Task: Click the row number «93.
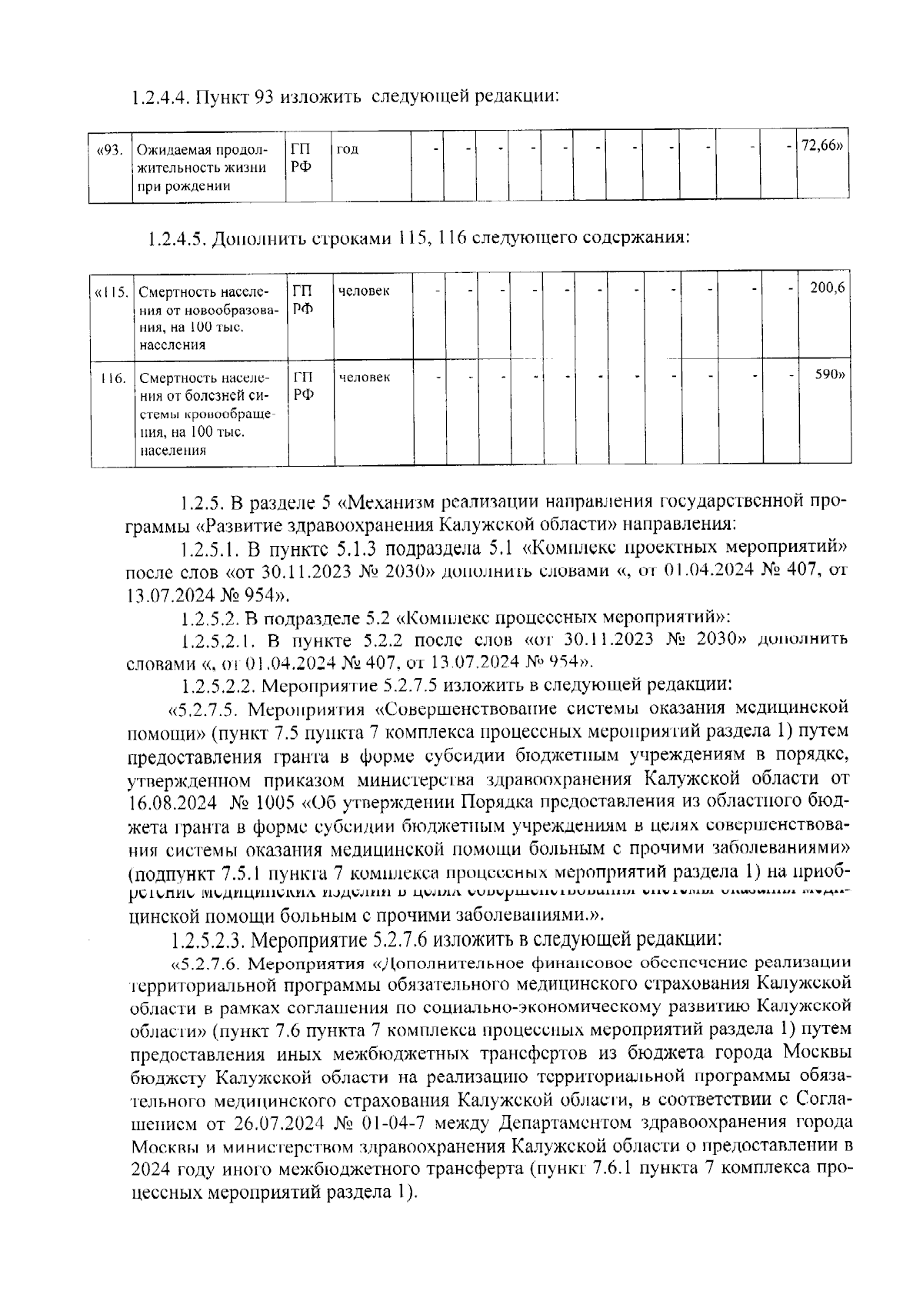pos(109,149)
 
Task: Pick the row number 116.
pos(113,378)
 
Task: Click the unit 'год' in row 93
pos(348,149)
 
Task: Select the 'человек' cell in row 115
pos(364,291)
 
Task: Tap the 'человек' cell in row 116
pos(364,378)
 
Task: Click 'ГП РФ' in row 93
pos(302,158)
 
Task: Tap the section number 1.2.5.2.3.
pos(209,940)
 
